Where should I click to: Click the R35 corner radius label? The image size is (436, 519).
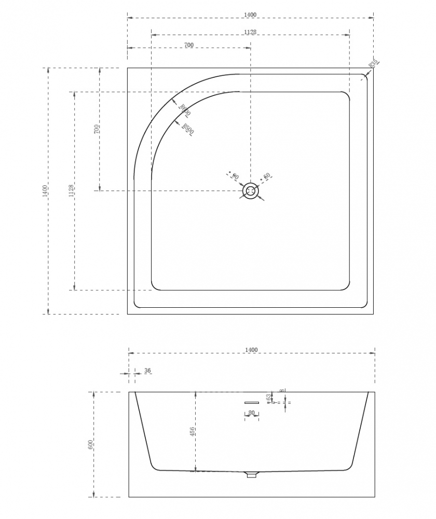[374, 64]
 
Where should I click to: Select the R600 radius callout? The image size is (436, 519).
[184, 110]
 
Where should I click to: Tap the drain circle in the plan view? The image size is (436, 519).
[251, 191]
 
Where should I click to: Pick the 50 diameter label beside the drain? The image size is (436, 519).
[267, 176]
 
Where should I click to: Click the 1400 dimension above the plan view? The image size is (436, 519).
[250, 15]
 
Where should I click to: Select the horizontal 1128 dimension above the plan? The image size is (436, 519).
[250, 32]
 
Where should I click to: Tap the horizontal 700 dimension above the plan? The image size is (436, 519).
[189, 45]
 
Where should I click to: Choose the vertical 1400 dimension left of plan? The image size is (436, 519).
[45, 190]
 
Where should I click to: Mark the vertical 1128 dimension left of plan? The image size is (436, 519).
[71, 190]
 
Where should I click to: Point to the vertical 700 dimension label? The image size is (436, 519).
[97, 129]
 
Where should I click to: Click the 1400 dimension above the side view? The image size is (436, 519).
[251, 350]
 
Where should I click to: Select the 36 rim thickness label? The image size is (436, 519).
[147, 371]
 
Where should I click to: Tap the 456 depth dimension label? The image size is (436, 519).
[192, 432]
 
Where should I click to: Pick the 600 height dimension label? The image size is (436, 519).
[90, 444]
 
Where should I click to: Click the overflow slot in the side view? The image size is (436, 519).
[252, 402]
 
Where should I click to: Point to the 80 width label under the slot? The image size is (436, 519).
[252, 413]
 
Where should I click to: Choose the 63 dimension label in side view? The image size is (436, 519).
[268, 397]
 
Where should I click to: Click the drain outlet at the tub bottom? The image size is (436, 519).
[251, 474]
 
